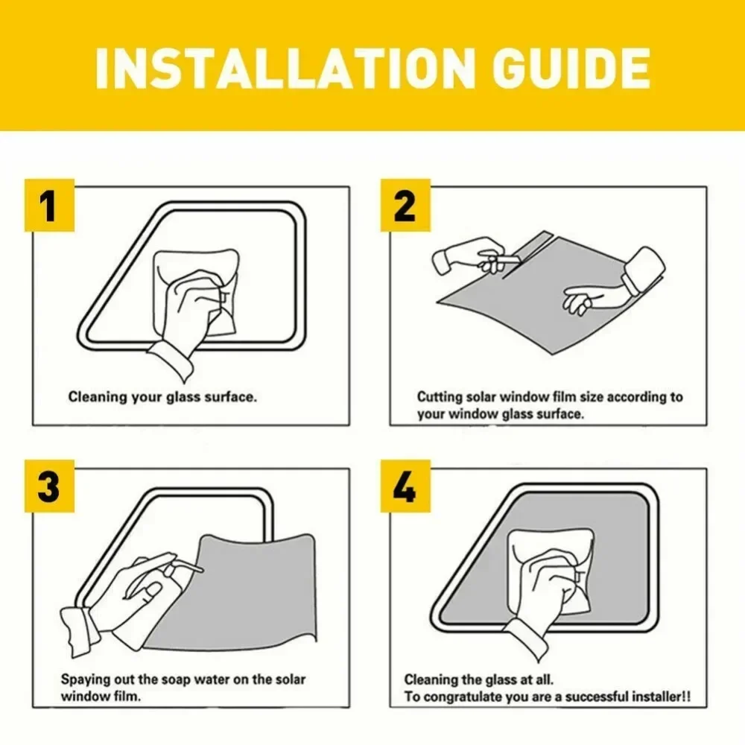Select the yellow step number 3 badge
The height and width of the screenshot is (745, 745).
[48, 489]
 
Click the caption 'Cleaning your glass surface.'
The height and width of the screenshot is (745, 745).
[162, 397]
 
